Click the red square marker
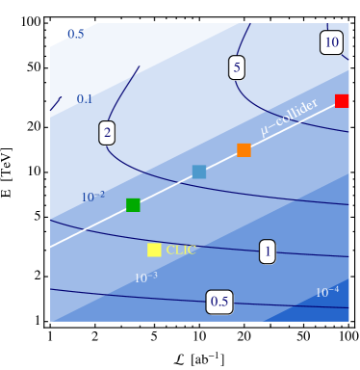[x=342, y=101]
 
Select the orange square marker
[x=244, y=150]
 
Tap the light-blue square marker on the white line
[x=199, y=172]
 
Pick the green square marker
[x=133, y=204]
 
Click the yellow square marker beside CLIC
[x=154, y=250]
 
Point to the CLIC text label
[x=181, y=250]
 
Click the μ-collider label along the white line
[x=289, y=122]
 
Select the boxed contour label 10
[x=331, y=42]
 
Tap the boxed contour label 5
[x=237, y=67]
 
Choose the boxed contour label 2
[x=107, y=133]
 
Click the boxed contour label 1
[x=268, y=251]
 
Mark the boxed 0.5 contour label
[x=219, y=302]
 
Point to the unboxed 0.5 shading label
[x=75, y=35]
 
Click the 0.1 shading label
[x=85, y=99]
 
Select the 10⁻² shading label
[x=93, y=197]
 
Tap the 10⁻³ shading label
[x=145, y=277]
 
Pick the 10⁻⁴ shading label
[x=327, y=292]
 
